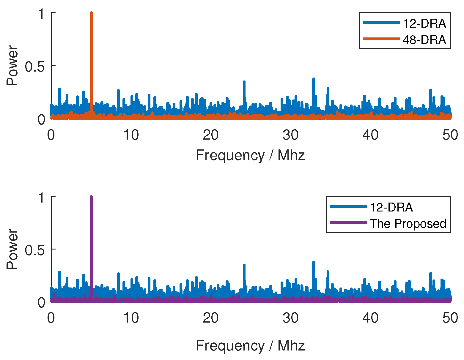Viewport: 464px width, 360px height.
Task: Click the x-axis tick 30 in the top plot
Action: tap(290, 135)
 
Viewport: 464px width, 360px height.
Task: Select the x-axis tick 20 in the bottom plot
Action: tap(211, 318)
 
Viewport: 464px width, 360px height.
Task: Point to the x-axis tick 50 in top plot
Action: tap(450, 135)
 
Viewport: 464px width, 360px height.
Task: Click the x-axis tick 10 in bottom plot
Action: tap(131, 318)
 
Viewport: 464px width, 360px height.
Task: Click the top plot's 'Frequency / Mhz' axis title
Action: tap(250, 155)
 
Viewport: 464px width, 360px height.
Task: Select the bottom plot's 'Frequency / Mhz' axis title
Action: tap(250, 346)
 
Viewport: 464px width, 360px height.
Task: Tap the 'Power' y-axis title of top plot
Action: tap(12, 66)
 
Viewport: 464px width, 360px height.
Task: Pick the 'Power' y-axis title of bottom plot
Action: tap(12, 249)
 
